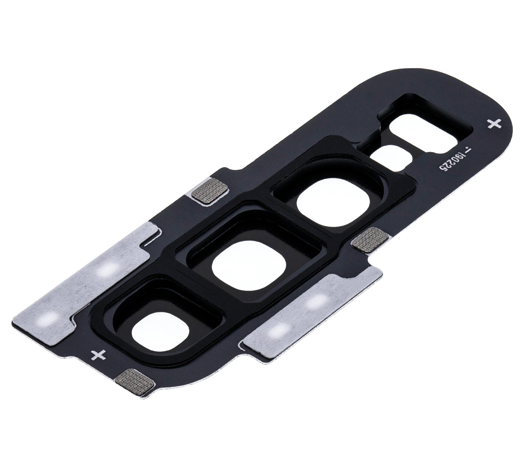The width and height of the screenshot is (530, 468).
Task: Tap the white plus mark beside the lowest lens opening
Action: tap(99, 354)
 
